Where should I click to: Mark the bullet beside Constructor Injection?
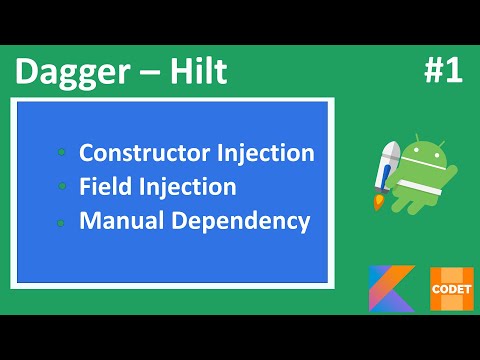pos(62,154)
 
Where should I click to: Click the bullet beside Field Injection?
pos(62,187)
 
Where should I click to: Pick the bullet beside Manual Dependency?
pos(62,221)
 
